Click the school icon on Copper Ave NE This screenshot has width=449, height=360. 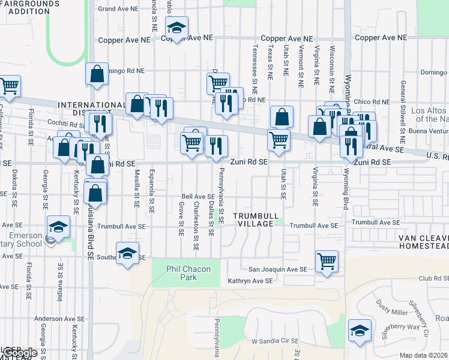176,28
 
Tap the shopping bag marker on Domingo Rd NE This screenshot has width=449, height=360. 97,74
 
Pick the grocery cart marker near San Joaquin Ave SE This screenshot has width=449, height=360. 327,261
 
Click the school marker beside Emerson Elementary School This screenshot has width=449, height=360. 59,227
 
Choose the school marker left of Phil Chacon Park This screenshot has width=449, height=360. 128,253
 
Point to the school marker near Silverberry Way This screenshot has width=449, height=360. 360,331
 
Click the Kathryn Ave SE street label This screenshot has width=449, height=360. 250,281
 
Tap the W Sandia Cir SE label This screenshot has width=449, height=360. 275,341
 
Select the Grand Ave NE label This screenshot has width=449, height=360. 118,9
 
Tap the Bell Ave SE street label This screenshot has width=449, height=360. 198,196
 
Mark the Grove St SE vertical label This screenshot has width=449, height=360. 181,219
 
